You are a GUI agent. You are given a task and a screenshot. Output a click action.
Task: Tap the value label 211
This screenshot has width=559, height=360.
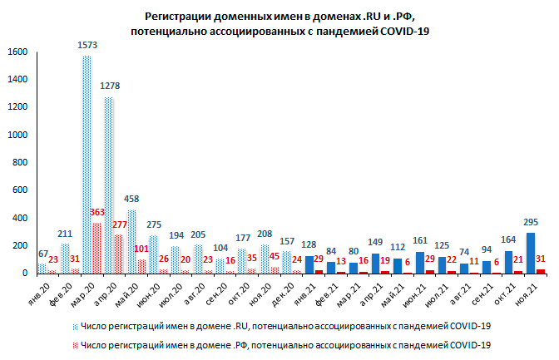(x=65, y=233)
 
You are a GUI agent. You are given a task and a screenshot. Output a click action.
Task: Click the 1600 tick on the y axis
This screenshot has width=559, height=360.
(x=18, y=52)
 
